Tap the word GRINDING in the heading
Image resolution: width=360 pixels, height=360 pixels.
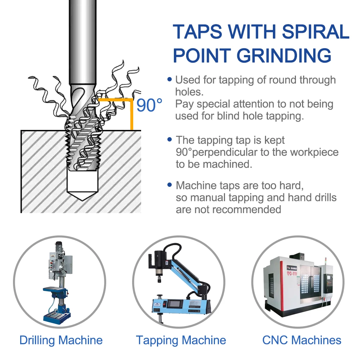pyautogui.click(x=284, y=55)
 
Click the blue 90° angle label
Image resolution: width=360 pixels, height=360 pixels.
pyautogui.click(x=149, y=105)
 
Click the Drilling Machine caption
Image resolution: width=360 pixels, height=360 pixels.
pyautogui.click(x=61, y=340)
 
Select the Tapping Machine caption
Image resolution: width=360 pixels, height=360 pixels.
pyautogui.click(x=181, y=341)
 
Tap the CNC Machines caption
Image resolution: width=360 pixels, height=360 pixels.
pyautogui.click(x=302, y=340)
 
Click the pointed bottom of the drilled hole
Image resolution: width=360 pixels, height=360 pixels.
pyautogui.click(x=83, y=200)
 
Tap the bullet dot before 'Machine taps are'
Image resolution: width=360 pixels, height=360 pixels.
pyautogui.click(x=170, y=185)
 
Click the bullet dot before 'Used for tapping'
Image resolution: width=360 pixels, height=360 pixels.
pyautogui.click(x=170, y=79)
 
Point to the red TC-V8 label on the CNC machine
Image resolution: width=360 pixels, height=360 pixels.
pyautogui.click(x=292, y=273)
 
